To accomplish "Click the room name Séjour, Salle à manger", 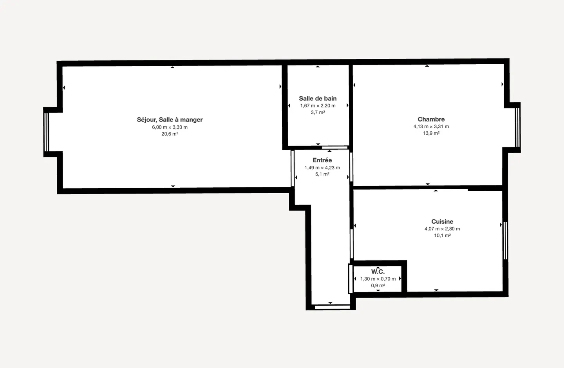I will click(170, 120).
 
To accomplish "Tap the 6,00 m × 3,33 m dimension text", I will click(170, 127).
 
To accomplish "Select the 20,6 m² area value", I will click(170, 134).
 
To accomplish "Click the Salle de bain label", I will click(318, 98).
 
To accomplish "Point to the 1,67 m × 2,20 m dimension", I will click(318, 105).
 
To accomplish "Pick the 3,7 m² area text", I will click(318, 112).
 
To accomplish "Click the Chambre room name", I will click(431, 119).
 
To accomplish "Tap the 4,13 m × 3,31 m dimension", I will click(431, 126).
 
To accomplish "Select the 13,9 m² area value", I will click(431, 133).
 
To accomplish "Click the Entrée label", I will click(322, 160).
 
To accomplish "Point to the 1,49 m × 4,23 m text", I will click(322, 167).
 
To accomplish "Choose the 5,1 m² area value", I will click(322, 174).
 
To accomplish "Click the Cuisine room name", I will click(442, 221).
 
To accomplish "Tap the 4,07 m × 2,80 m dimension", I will click(442, 228).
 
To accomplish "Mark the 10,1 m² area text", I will click(442, 235).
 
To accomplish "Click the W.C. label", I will click(378, 272).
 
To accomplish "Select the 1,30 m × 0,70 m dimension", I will click(378, 279).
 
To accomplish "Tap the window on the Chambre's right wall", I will click(517, 127).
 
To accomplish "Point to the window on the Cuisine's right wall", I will click(505, 240).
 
